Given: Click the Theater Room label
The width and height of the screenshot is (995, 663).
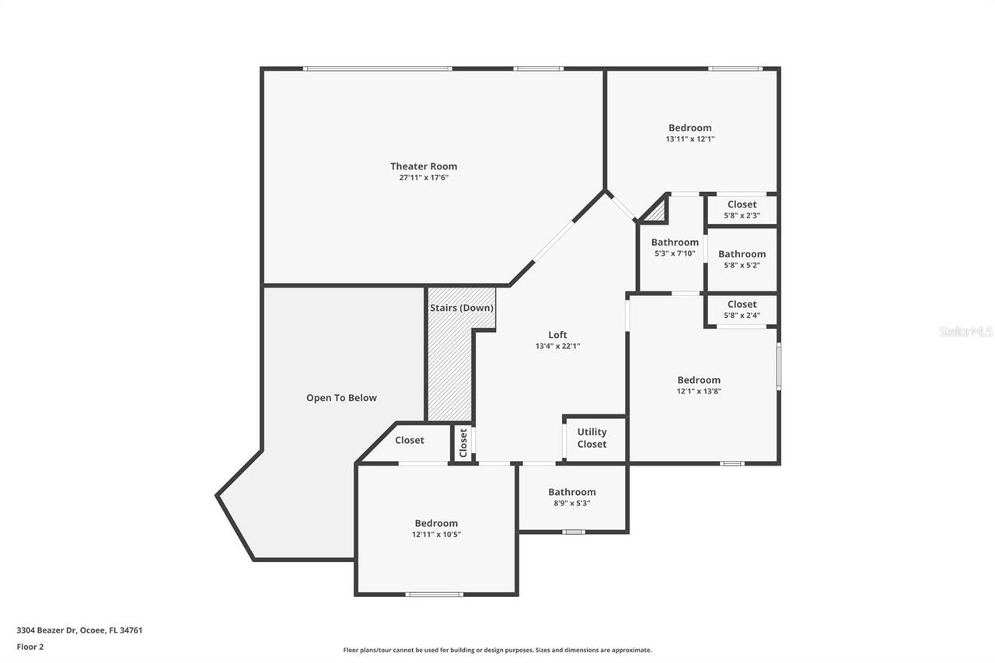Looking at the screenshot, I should point(424,166).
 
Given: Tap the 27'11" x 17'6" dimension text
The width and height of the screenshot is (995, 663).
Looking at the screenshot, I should point(424,178).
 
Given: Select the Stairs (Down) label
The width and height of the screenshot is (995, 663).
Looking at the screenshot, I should point(462,308).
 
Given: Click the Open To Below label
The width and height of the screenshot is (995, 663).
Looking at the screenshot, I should point(341,398).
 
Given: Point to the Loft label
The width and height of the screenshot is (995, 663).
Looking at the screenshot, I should point(557,335).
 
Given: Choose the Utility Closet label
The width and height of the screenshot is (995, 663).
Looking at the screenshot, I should point(592,438).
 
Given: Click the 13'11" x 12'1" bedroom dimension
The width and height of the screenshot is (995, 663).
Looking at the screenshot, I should point(690,139).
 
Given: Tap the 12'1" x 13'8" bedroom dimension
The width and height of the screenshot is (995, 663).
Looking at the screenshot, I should point(698,392).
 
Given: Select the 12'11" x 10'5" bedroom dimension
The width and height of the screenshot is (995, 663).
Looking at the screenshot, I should point(435,535).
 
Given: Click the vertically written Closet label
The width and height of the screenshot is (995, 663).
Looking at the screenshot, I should point(464,443).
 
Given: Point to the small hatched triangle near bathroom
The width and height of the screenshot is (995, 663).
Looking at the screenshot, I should point(658,211).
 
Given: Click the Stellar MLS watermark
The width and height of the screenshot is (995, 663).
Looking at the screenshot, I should point(965,331).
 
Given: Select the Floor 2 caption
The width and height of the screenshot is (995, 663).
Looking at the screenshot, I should point(30,646).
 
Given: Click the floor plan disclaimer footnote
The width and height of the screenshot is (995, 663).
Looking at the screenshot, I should point(497,650).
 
